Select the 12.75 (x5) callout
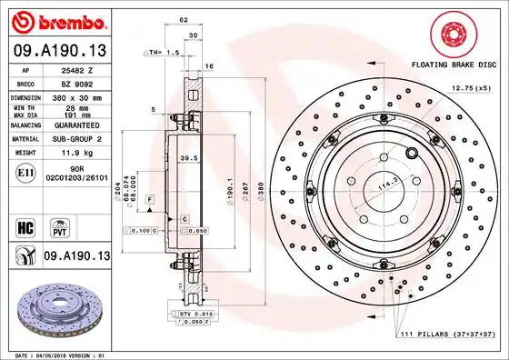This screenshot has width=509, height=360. [472, 88]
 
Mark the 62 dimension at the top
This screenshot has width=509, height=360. [185, 19]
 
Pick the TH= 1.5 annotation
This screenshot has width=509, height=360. [164, 53]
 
